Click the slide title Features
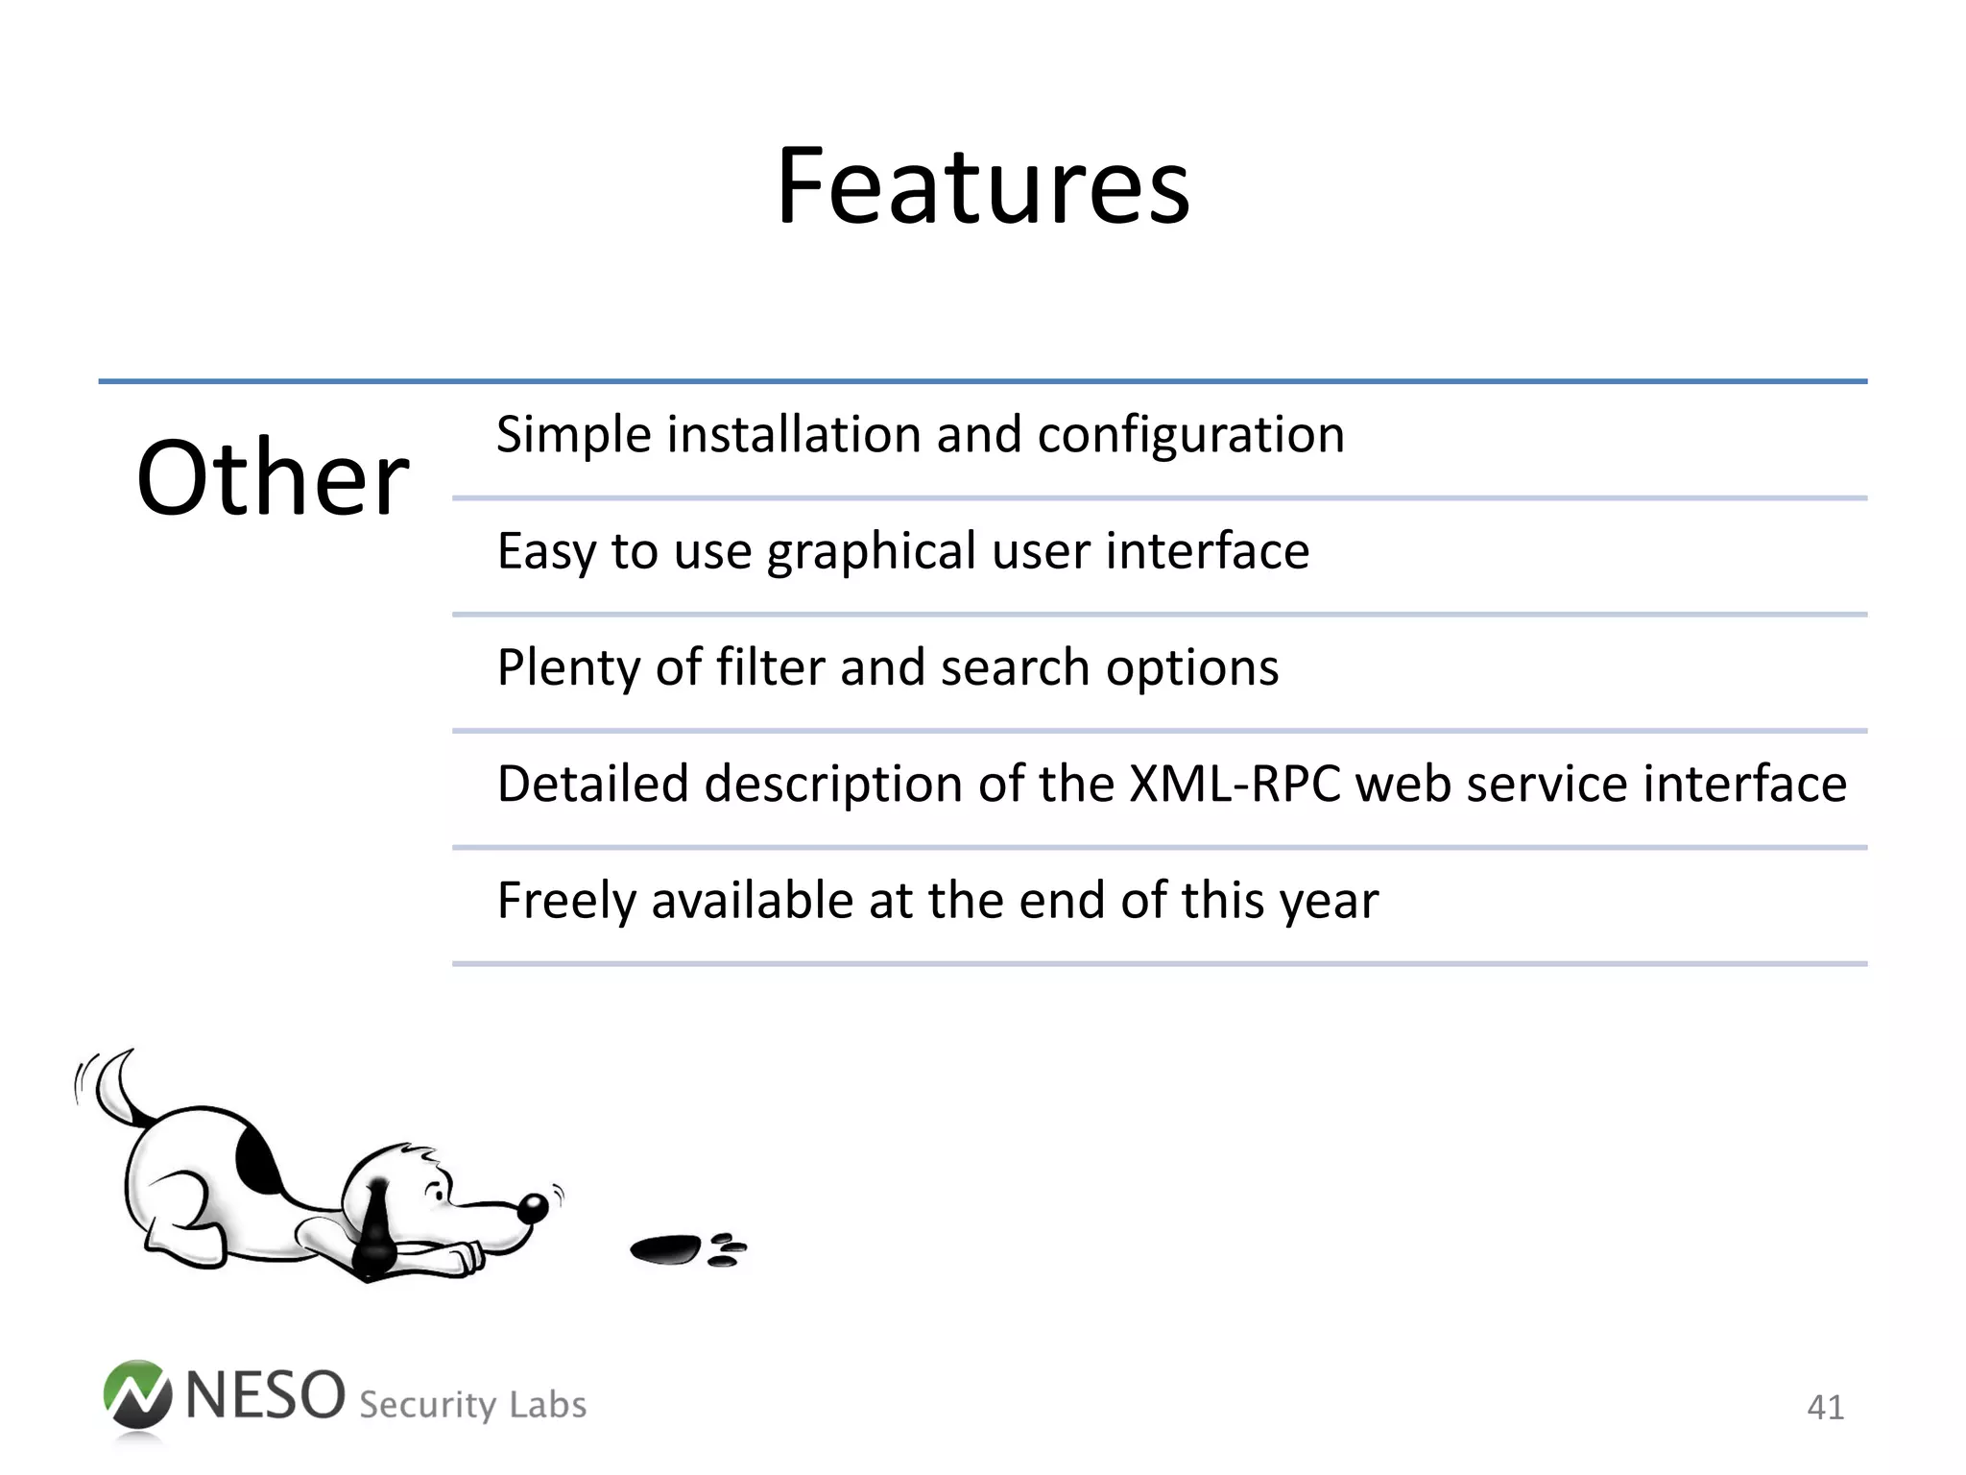pos(982,186)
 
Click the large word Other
pos(274,478)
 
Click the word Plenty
pos(567,669)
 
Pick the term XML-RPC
pos(1235,784)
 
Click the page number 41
pos(1824,1408)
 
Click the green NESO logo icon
pos(137,1396)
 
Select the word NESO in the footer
pos(265,1395)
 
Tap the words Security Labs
pos(472,1405)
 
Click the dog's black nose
pos(534,1208)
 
